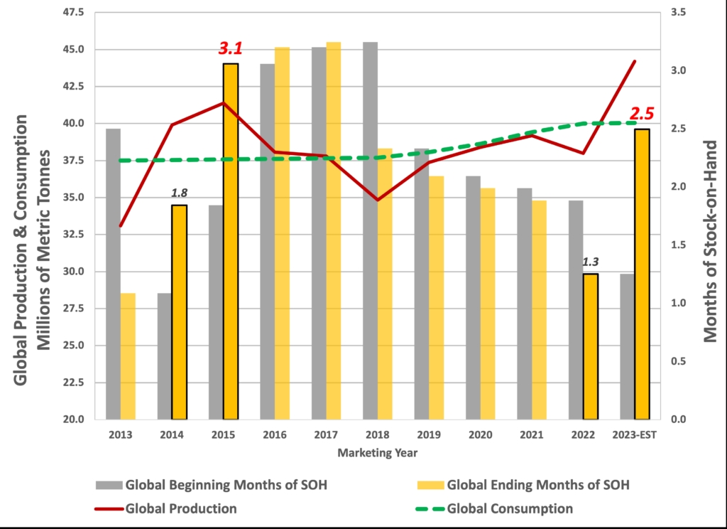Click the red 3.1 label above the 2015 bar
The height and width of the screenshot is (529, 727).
click(231, 49)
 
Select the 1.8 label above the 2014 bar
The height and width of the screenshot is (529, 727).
click(180, 193)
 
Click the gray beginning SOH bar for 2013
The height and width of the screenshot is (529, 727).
click(113, 274)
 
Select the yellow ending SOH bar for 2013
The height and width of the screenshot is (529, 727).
click(128, 356)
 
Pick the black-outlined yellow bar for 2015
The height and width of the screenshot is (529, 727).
click(231, 241)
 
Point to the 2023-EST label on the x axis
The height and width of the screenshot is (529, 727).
click(635, 434)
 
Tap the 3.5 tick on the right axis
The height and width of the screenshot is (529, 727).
click(679, 13)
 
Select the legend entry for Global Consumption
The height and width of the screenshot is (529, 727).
click(510, 508)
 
